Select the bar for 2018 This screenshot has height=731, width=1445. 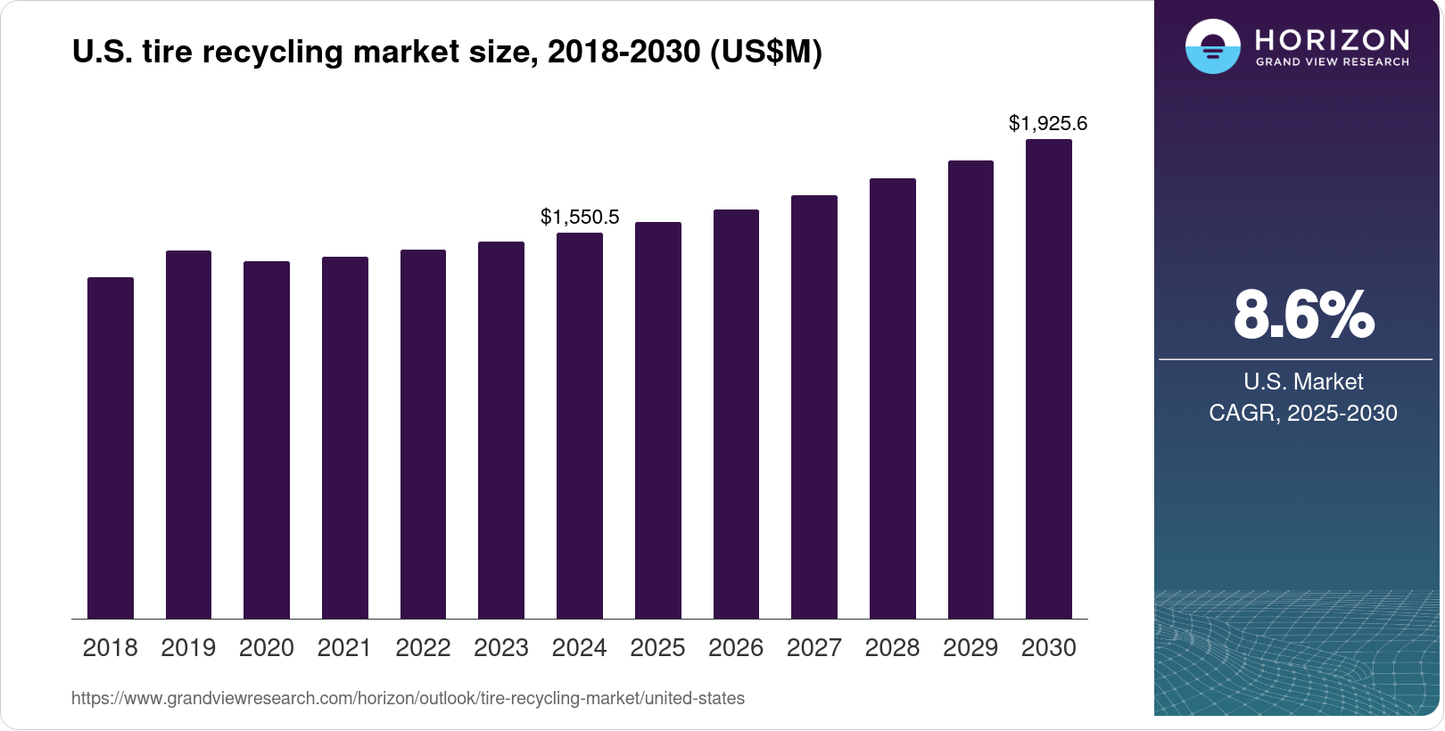click(x=111, y=448)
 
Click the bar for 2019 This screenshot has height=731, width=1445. click(x=188, y=434)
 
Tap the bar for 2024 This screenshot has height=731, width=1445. click(x=580, y=425)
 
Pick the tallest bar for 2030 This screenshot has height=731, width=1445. click(x=1049, y=379)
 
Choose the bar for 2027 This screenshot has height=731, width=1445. click(x=814, y=407)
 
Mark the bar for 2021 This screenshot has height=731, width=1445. click(x=345, y=438)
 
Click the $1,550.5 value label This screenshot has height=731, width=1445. click(x=580, y=217)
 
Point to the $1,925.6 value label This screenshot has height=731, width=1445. click(x=1048, y=123)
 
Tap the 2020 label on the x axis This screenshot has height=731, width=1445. click(x=267, y=648)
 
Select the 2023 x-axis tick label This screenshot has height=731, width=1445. click(x=501, y=648)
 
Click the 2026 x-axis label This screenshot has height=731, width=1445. click(x=736, y=648)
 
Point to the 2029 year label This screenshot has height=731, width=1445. click(x=970, y=648)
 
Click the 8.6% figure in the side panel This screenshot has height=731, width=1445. click(x=1303, y=315)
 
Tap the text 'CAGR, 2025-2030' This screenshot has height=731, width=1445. click(x=1303, y=413)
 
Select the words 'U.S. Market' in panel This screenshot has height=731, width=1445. click(x=1303, y=382)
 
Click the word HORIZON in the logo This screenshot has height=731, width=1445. click(x=1332, y=40)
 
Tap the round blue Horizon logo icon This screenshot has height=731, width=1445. click(x=1212, y=46)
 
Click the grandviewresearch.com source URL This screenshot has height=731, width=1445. click(x=408, y=698)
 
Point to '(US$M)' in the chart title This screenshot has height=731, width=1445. click(x=765, y=52)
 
